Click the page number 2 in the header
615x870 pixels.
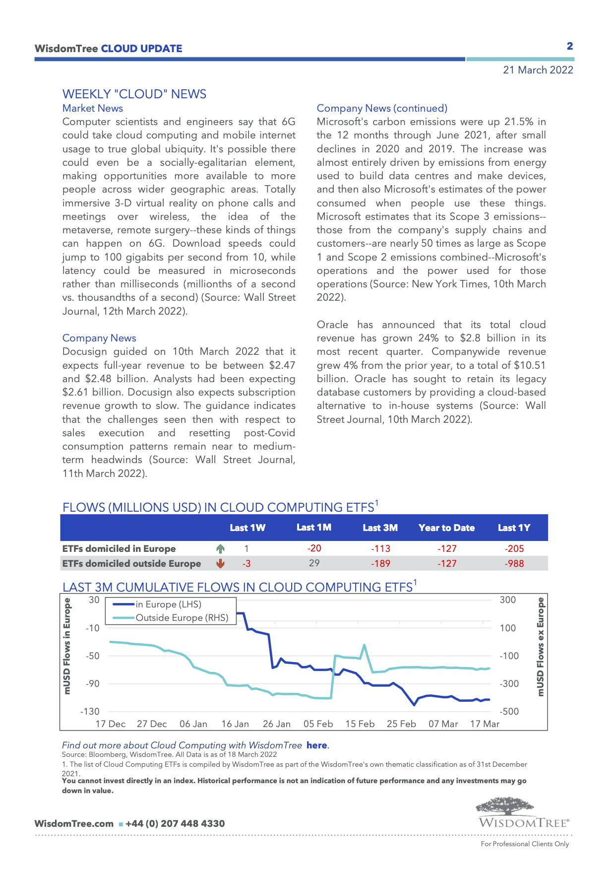click(x=570, y=46)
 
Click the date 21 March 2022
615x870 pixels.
click(x=538, y=70)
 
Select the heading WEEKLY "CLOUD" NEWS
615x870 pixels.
click(x=134, y=94)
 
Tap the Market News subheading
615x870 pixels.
click(x=93, y=108)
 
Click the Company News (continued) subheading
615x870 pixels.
click(x=382, y=108)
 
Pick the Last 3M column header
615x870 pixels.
click(x=380, y=528)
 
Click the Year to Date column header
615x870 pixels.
click(x=446, y=528)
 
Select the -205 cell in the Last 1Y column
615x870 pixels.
click(x=514, y=548)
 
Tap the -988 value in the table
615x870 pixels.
click(x=514, y=563)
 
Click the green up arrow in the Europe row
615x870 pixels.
click(x=221, y=548)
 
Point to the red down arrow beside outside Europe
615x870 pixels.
click(x=221, y=563)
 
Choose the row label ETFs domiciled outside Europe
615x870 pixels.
click(x=131, y=563)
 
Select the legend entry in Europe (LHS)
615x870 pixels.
click(x=169, y=604)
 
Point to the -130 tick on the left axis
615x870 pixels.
click(x=90, y=711)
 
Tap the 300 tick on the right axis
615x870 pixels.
click(x=508, y=600)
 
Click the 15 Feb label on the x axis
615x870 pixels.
click(x=360, y=724)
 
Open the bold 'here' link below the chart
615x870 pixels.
click(x=316, y=745)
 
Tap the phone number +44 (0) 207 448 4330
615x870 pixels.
click(x=175, y=823)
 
